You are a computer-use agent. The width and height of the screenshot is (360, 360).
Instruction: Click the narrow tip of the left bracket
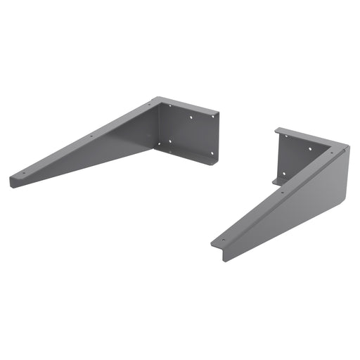tap(13, 182)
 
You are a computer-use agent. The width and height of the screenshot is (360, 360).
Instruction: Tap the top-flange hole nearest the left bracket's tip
tap(25, 173)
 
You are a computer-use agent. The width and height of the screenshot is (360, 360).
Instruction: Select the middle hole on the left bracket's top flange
tap(91, 136)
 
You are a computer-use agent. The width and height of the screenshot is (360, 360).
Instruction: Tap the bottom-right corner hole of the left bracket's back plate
tap(211, 153)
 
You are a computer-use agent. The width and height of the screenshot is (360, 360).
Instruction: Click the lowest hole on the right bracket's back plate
tap(284, 174)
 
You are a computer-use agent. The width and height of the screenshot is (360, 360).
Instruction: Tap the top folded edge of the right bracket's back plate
tap(295, 132)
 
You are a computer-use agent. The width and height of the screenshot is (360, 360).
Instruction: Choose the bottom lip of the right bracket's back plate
tap(277, 183)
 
